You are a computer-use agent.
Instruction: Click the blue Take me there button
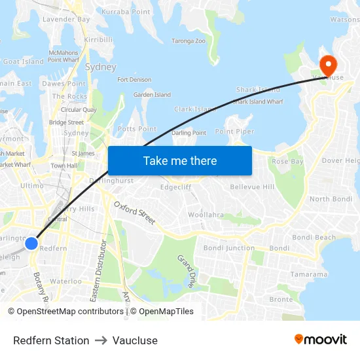click(180, 160)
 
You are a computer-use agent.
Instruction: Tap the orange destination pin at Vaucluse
click(327, 65)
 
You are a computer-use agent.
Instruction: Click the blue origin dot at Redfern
click(31, 243)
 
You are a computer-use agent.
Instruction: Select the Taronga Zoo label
click(188, 41)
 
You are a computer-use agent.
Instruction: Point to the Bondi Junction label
click(229, 248)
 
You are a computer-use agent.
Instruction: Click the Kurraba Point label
click(126, 12)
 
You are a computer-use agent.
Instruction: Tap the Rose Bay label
click(287, 161)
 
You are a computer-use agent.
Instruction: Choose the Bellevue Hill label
click(252, 187)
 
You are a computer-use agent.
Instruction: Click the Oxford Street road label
click(135, 213)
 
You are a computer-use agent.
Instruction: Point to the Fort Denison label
click(134, 80)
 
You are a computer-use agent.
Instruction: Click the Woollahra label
click(206, 215)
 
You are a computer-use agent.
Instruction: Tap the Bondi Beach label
click(314, 238)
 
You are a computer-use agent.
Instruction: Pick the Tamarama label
click(309, 274)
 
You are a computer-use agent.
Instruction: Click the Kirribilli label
click(98, 40)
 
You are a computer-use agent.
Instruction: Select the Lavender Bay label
click(66, 20)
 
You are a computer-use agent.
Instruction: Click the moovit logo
click(321, 340)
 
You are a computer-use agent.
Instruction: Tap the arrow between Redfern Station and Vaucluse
click(101, 340)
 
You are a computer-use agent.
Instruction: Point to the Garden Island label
click(152, 95)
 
